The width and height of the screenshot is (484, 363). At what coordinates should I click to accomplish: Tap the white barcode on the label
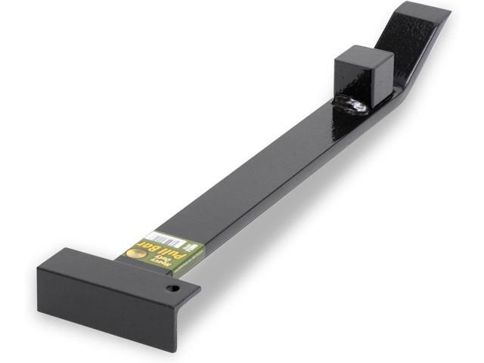166,238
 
